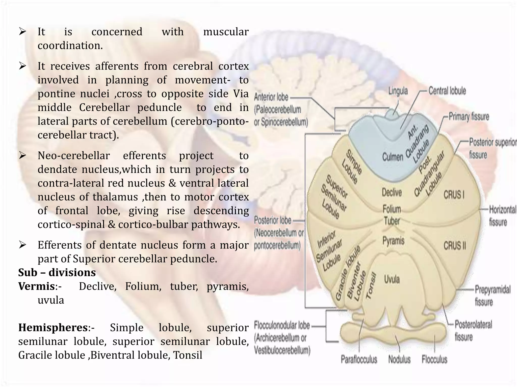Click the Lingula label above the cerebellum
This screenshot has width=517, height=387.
[x=398, y=91]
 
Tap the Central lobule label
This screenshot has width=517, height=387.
[x=447, y=91]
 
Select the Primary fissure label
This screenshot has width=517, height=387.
[x=469, y=117]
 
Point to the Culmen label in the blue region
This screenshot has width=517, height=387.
[x=393, y=157]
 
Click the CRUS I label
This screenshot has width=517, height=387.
[x=454, y=195]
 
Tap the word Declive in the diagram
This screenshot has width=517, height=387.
[x=392, y=192]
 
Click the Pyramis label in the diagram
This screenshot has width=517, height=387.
[x=393, y=241]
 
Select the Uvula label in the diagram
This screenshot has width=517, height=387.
[x=392, y=279]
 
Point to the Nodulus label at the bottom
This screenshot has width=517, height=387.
[x=399, y=359]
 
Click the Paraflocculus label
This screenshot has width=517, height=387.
[x=359, y=359]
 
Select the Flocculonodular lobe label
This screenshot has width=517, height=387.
[x=282, y=325]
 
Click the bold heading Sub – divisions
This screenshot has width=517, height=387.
[x=57, y=272]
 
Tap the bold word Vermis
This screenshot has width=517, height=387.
[x=37, y=286]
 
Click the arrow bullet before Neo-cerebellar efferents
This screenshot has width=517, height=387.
[x=22, y=155]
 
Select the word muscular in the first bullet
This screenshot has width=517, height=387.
[x=226, y=32]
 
